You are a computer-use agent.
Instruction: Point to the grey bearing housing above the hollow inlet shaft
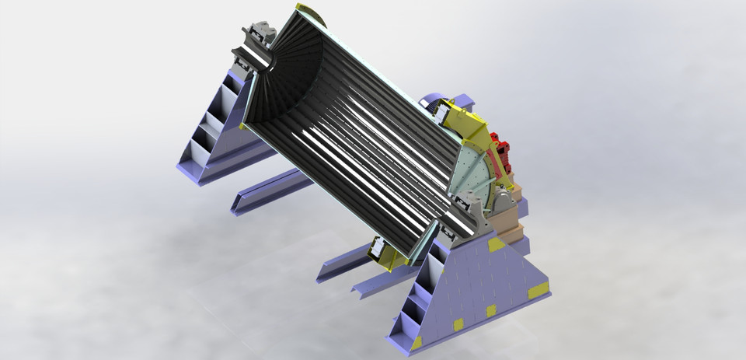point(261,36)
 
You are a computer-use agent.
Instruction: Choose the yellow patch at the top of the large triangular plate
point(495,244)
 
